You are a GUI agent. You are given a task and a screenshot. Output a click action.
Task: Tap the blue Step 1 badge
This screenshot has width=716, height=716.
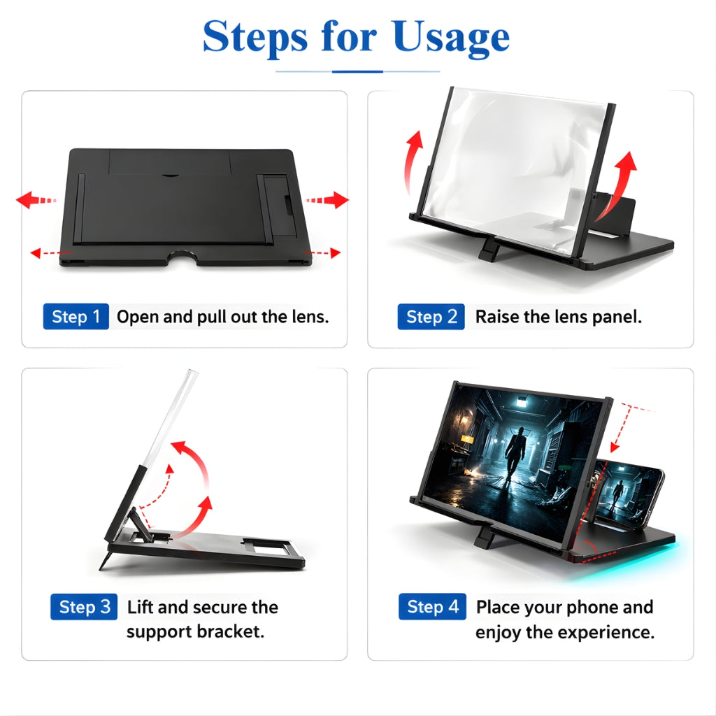pyautogui.click(x=76, y=317)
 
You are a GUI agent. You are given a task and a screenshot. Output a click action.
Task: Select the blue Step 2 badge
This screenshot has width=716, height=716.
pyautogui.click(x=430, y=317)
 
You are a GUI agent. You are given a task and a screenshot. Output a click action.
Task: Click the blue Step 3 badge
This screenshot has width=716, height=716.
pyautogui.click(x=83, y=607)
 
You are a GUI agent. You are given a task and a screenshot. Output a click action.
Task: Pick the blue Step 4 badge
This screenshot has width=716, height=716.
pyautogui.click(x=432, y=607)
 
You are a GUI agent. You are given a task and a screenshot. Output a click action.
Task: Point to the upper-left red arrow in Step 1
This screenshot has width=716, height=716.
pyautogui.click(x=36, y=201)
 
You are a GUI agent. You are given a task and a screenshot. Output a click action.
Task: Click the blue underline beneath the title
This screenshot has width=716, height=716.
pyautogui.click(x=357, y=71)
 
